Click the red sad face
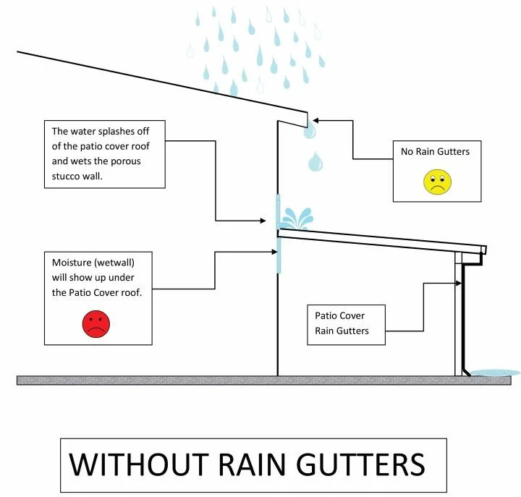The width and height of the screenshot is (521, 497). coord(96,324)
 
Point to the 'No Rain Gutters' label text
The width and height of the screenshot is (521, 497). coord(435,152)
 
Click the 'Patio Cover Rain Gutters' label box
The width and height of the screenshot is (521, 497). coord(344,323)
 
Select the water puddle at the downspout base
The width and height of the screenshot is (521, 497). coord(495,373)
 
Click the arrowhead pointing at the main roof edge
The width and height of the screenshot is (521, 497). coord(317,120)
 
